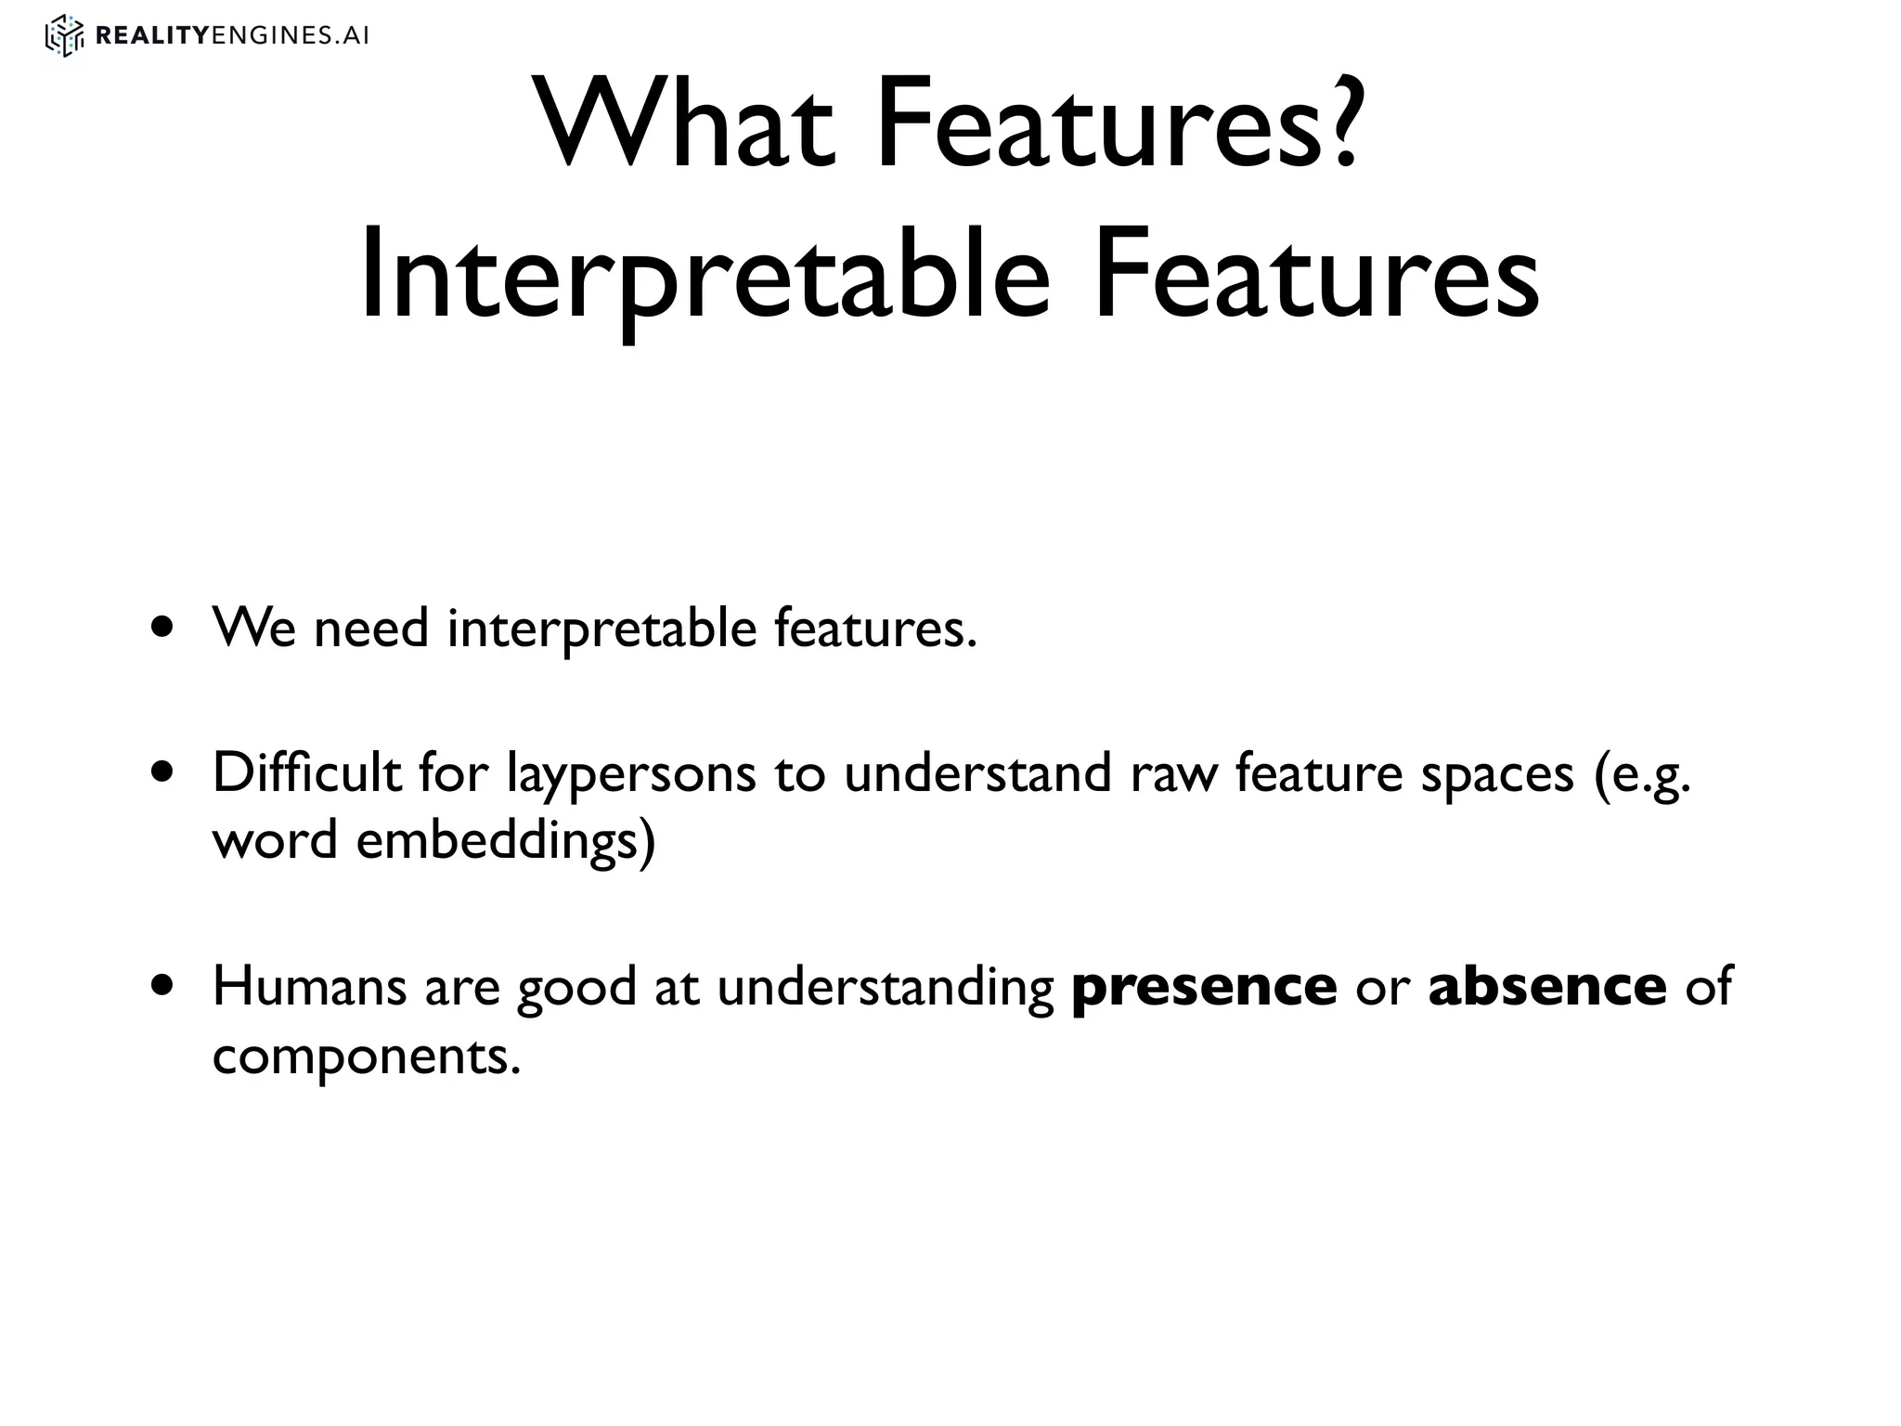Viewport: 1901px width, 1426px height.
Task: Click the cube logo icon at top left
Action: pos(64,36)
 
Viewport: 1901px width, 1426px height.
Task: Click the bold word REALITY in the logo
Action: pos(153,36)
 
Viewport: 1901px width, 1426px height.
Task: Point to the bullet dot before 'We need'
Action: pos(164,628)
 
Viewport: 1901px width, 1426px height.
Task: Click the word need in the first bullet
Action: pos(371,628)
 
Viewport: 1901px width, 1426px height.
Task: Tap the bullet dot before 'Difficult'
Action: pos(164,772)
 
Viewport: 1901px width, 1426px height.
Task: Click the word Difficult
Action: pos(306,772)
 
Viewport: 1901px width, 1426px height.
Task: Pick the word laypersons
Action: pos(631,774)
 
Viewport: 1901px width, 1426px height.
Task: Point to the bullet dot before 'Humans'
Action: pos(164,986)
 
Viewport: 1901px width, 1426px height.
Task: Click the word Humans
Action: pos(309,986)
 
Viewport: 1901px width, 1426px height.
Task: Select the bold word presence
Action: pos(1204,988)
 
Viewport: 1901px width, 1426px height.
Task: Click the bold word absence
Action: pos(1547,986)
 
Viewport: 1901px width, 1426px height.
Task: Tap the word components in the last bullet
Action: pos(367,1057)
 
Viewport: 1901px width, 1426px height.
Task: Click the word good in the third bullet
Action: pos(576,988)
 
